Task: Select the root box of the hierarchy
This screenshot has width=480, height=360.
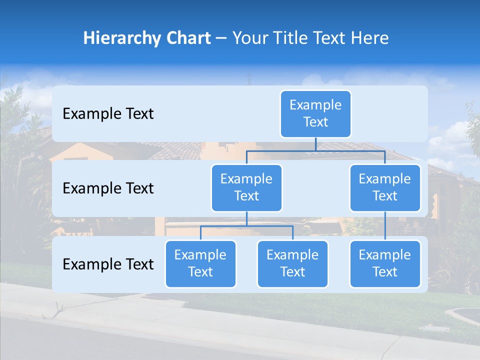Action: (315, 114)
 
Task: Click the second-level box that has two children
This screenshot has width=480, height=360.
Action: (246, 188)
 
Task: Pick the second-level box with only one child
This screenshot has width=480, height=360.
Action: (385, 188)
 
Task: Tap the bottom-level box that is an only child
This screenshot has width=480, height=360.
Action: (385, 264)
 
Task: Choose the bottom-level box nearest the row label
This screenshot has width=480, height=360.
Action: (200, 264)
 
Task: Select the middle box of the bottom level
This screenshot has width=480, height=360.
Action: (292, 264)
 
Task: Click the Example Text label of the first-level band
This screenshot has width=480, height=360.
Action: (108, 114)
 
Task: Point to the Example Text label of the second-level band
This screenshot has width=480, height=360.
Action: (108, 188)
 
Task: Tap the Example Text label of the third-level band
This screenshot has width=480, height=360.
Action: (108, 264)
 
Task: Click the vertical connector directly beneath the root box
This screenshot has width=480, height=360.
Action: (315, 144)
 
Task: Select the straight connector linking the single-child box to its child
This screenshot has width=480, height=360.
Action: (385, 226)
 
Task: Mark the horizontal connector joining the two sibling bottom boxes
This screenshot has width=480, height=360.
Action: (246, 226)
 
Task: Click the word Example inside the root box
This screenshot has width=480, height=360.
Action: (315, 105)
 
